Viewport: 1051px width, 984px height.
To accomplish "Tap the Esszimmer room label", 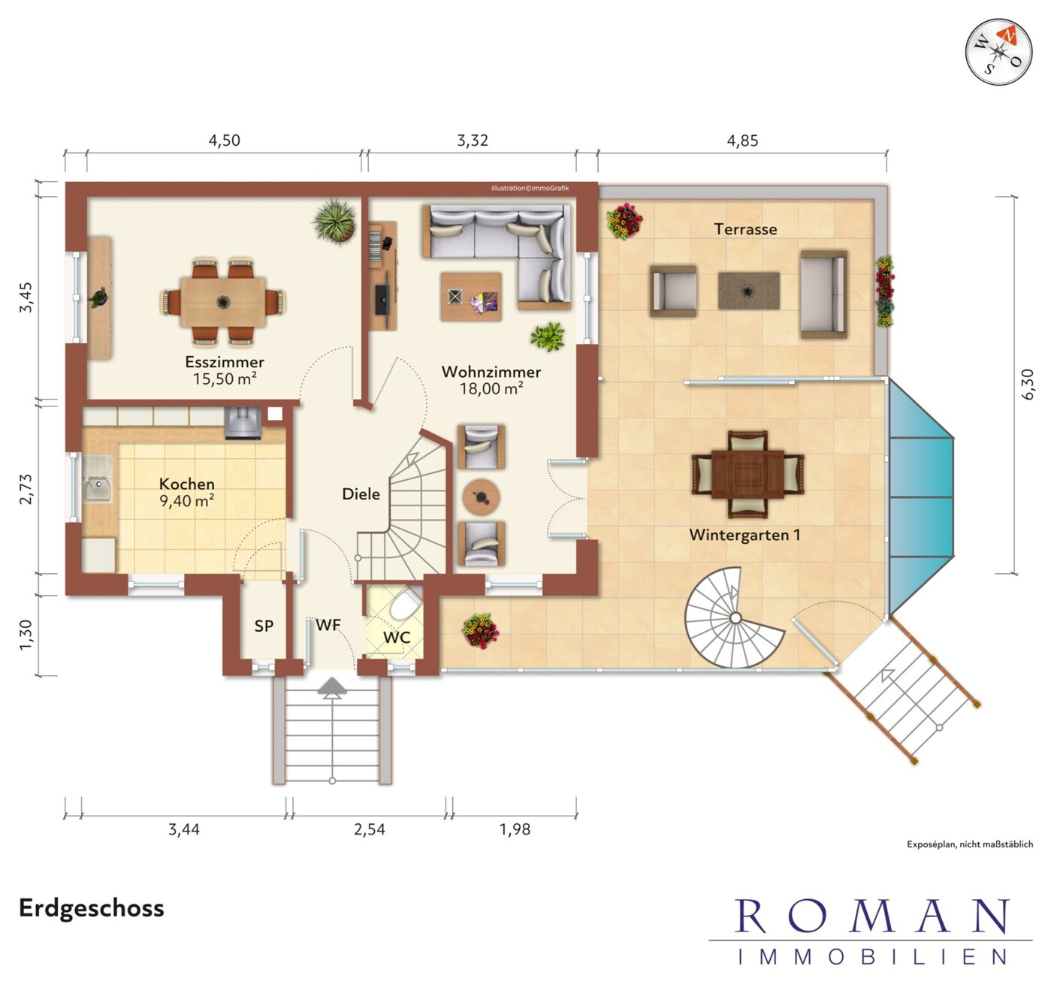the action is tap(225, 362).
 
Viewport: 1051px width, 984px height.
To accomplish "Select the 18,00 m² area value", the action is tap(491, 388).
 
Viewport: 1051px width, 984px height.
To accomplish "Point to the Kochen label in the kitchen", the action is tap(187, 484).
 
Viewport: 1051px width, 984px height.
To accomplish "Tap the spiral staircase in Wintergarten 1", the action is tap(734, 617).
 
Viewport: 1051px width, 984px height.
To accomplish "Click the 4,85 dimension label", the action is tap(742, 140).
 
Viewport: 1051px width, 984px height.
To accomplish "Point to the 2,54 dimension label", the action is tap(370, 829).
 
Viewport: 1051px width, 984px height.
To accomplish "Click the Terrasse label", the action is tap(745, 229).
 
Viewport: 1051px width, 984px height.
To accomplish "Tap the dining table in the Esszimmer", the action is tap(223, 302).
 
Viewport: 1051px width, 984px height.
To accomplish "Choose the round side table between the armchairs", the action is tap(482, 497).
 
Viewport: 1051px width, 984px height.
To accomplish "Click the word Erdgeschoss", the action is tap(92, 908).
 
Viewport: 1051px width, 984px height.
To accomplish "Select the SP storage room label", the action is tap(264, 626).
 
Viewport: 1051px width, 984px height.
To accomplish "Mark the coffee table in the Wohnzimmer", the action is tap(471, 297).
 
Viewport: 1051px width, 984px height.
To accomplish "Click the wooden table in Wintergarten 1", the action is tap(747, 474).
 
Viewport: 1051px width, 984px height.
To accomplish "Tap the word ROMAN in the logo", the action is tap(871, 916).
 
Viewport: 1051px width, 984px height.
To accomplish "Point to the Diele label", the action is tap(361, 494).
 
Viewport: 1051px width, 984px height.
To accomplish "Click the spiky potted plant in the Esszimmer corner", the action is tap(335, 221).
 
